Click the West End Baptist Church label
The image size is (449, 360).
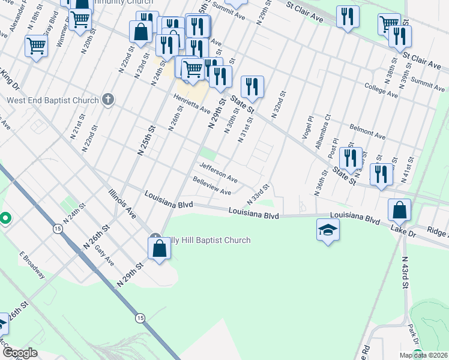tap(52, 100)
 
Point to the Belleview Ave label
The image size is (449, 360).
tap(212, 187)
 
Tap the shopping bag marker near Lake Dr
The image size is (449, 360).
tap(399, 211)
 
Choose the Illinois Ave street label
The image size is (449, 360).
tap(122, 203)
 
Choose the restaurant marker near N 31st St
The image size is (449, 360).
tap(252, 87)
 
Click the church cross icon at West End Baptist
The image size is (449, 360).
tap(107, 99)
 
